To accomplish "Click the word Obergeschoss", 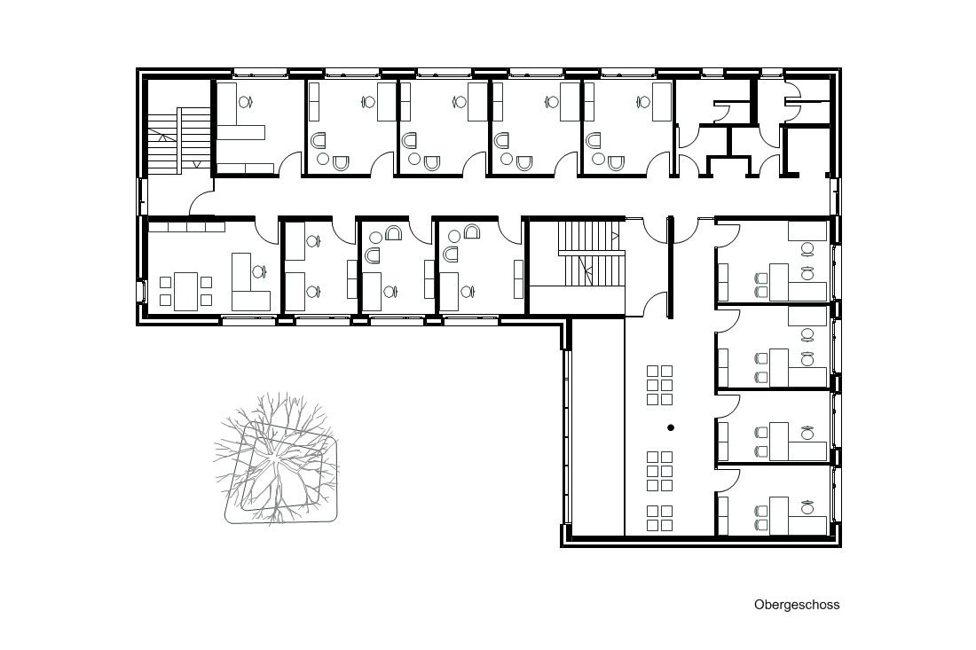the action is tap(797, 605).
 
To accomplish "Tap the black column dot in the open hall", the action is tap(671, 427).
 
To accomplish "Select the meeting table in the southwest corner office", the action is tap(185, 291).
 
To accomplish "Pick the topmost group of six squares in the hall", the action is tap(660, 385).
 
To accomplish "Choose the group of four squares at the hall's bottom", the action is tap(660, 518).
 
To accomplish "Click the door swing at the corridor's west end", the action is tap(201, 203).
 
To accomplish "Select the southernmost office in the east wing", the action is tap(774, 500).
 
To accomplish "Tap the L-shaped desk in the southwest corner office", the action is tap(250, 282).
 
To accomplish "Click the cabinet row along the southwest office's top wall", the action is tap(186, 227).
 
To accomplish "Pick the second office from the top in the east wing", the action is tap(774, 347).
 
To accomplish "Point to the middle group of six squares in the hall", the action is tap(660, 472).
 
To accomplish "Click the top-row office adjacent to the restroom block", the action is tap(627, 128).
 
